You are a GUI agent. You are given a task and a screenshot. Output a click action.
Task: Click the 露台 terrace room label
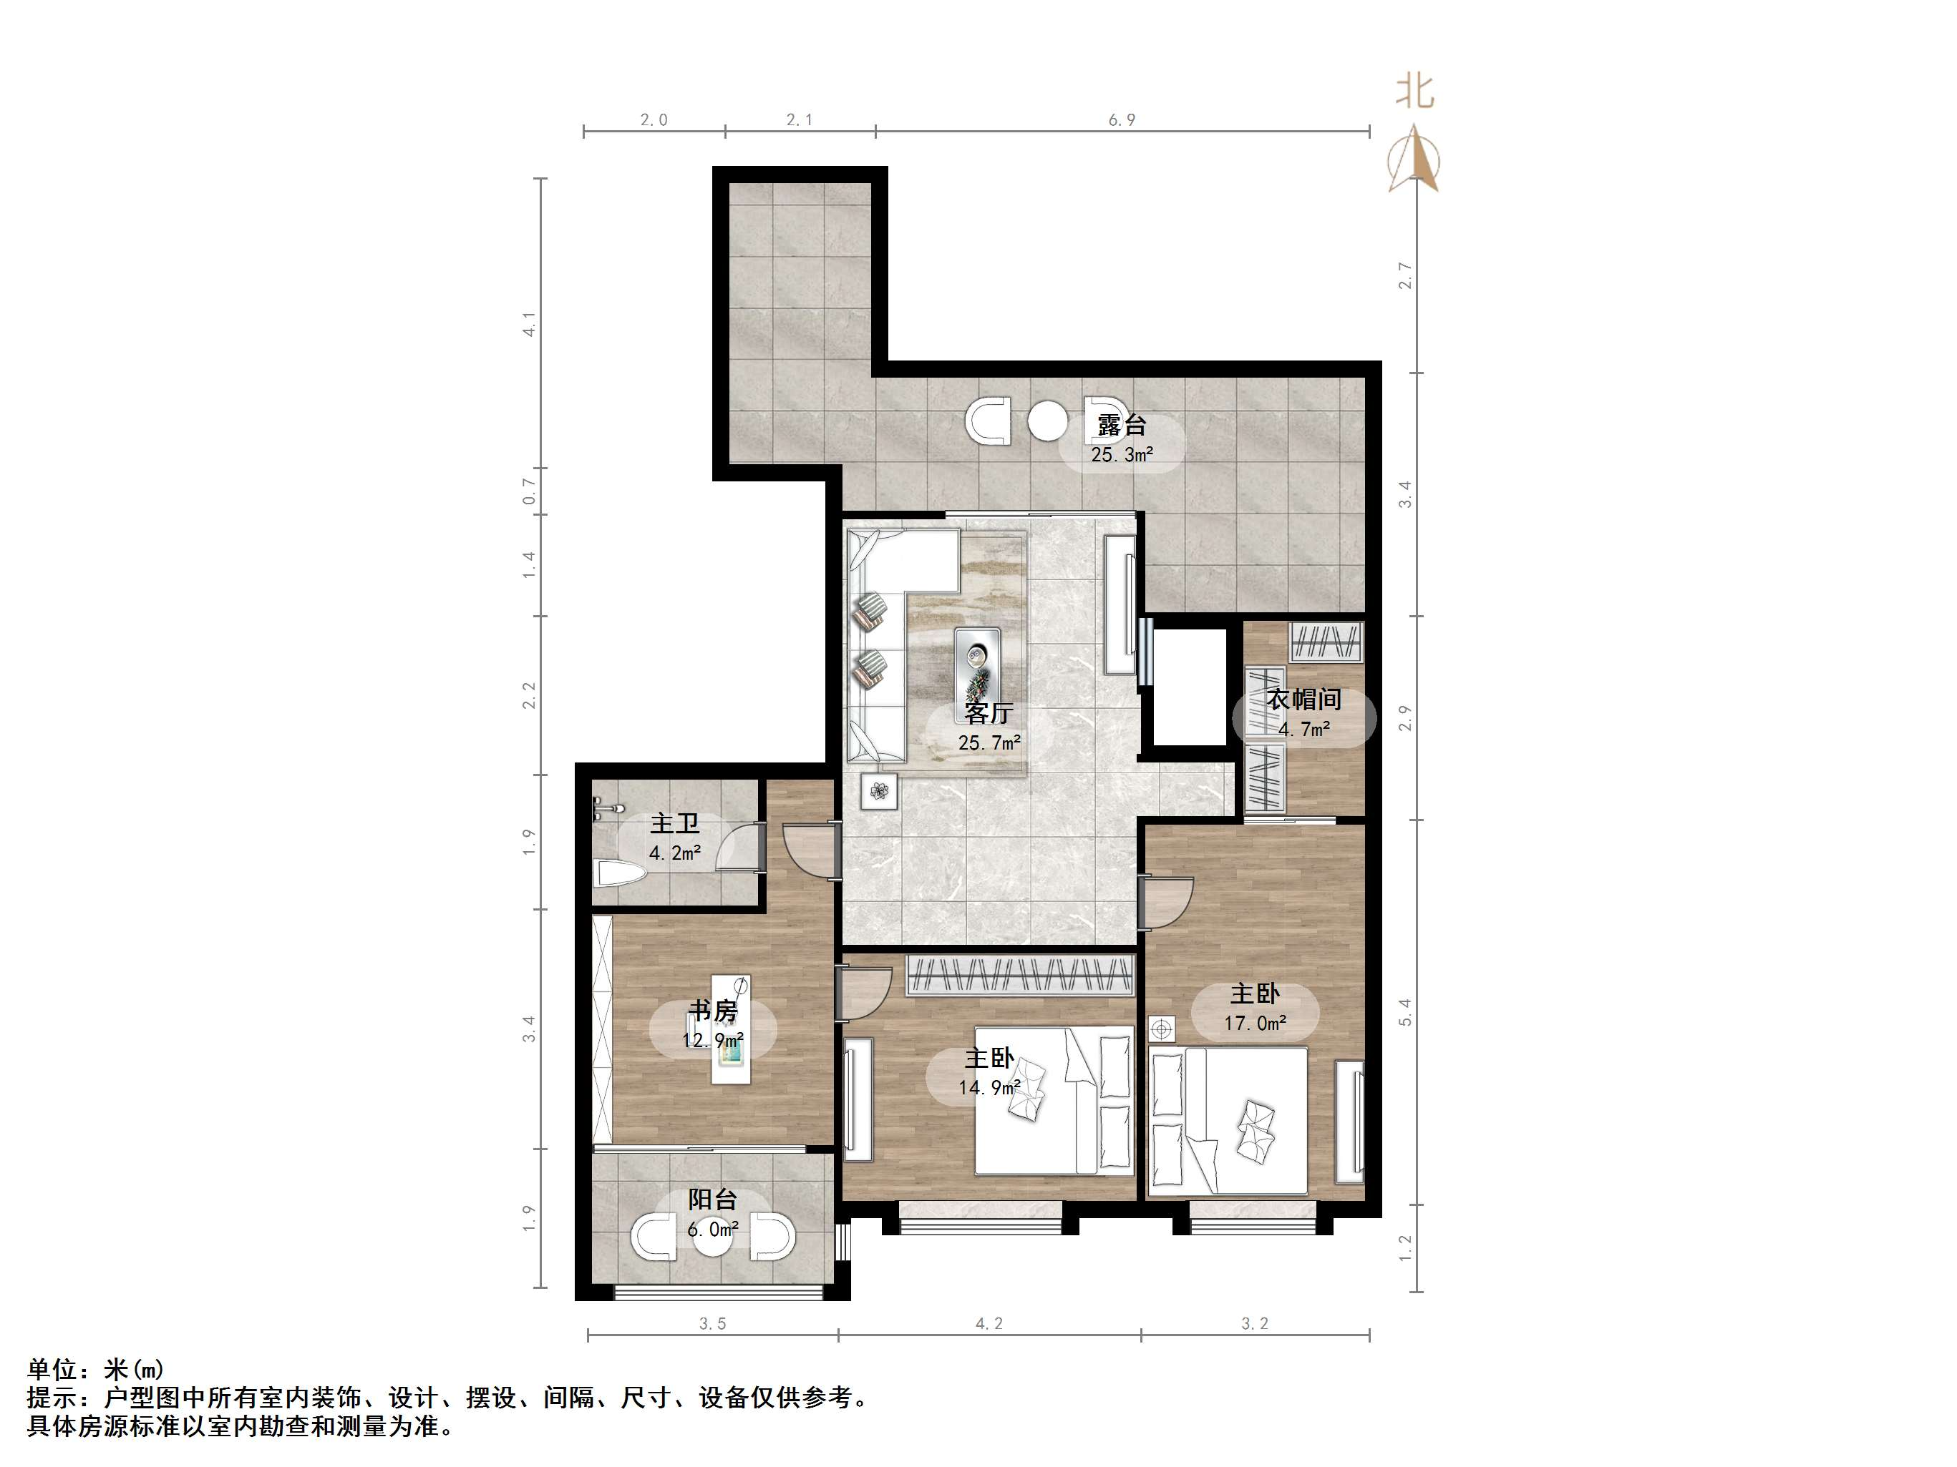pyautogui.click(x=1121, y=426)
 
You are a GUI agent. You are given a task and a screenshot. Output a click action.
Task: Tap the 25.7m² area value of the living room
pyautogui.click(x=989, y=742)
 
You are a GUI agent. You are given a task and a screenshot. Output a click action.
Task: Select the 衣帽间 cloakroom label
pyautogui.click(x=1304, y=700)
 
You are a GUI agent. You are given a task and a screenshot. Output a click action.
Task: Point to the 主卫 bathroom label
pyautogui.click(x=675, y=823)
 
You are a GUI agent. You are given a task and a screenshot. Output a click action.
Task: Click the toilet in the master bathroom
pyautogui.click(x=619, y=875)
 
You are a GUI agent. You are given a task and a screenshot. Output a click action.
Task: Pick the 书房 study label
pyautogui.click(x=713, y=1010)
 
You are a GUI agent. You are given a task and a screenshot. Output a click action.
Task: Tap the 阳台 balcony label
pyautogui.click(x=713, y=1199)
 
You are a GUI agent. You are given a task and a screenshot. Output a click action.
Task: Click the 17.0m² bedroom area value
pyautogui.click(x=1255, y=1023)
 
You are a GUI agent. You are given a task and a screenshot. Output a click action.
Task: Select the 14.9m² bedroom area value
pyautogui.click(x=989, y=1086)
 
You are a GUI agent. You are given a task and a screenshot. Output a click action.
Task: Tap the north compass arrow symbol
pyautogui.click(x=1414, y=160)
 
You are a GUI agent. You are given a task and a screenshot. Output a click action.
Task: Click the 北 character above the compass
pyautogui.click(x=1414, y=91)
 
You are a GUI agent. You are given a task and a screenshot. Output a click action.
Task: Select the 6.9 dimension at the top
pyautogui.click(x=1121, y=119)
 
